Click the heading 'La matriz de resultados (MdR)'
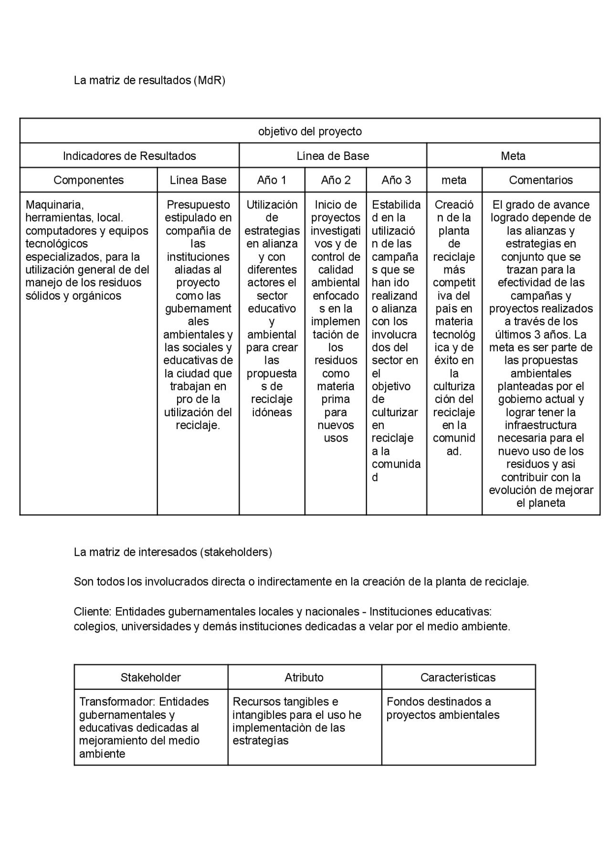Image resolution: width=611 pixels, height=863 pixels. pos(149,80)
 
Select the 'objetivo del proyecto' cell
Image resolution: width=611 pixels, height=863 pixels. pos(310,131)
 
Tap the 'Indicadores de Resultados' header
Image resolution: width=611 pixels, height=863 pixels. pos(129,156)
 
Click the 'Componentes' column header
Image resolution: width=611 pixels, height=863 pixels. pos(88,180)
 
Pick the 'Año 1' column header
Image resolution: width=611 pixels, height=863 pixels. pos(272,180)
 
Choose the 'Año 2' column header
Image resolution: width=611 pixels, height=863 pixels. pos(336,180)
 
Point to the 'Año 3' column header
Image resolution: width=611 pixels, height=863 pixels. pos(396,180)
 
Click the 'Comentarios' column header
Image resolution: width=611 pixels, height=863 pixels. pos(541,180)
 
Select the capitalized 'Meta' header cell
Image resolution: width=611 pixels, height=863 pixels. pos(513,156)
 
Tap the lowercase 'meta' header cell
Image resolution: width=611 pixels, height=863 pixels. pos(454,180)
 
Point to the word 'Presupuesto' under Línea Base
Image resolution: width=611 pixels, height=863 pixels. pos(198,205)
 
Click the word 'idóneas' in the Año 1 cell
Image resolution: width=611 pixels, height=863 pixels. pos(272,412)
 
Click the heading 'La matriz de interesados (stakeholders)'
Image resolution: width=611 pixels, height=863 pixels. pos(173,552)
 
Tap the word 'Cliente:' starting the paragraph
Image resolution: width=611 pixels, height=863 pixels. pos(93,612)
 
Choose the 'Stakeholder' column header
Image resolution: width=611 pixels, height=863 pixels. pos(151,677)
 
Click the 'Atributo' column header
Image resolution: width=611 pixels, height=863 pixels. pos(304,677)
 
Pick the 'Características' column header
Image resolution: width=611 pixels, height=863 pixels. pos(458,677)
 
